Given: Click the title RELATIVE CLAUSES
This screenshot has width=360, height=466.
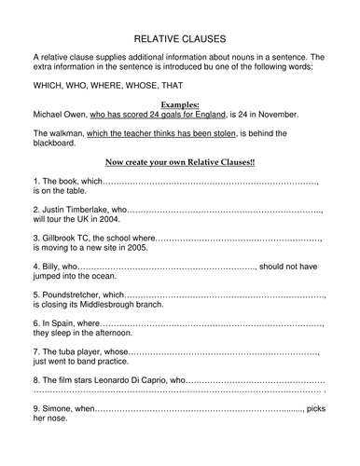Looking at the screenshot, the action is tap(181, 41).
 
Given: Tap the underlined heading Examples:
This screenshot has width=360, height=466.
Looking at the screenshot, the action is tap(181, 101).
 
